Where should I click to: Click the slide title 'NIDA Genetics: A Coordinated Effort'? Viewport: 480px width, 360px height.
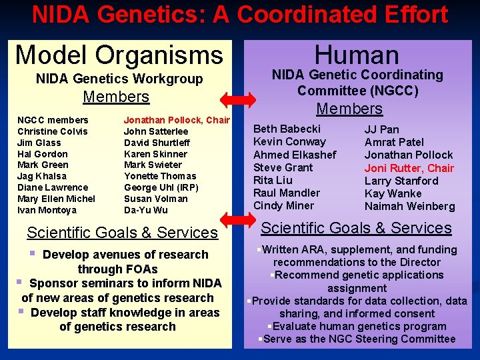coord(240,15)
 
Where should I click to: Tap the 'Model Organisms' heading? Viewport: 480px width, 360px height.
coord(119,55)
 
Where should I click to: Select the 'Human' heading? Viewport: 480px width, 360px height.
coord(357,55)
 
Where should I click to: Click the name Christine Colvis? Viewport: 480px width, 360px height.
coord(52,131)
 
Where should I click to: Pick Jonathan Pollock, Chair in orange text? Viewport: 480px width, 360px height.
coord(177,120)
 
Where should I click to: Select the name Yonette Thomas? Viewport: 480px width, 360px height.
coord(160,176)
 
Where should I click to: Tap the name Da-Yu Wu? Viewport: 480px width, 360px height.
coord(146,210)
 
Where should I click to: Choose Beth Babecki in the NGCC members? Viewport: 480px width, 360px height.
coord(287,129)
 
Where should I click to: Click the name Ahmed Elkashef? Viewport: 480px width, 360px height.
coord(295,155)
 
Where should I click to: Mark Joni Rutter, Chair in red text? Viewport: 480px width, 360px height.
coord(409,168)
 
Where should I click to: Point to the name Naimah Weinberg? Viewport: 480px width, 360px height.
coord(409,207)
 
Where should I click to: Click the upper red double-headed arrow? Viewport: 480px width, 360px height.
coord(238,99)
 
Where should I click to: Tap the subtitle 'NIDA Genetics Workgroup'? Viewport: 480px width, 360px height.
coord(119,79)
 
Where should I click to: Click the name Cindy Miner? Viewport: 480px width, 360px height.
coord(283,206)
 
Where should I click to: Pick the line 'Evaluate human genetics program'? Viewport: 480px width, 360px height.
coord(359,326)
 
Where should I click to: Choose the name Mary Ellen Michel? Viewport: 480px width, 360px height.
coord(56,199)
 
